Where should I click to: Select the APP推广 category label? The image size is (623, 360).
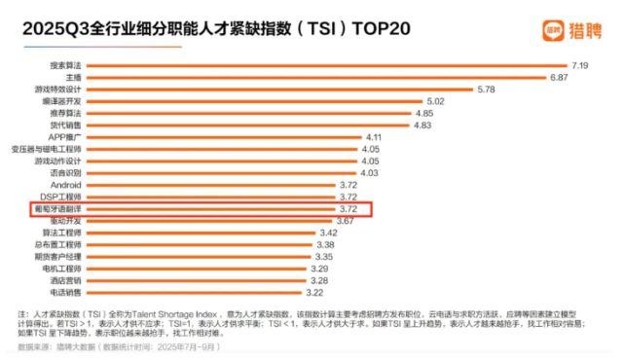click(66, 137)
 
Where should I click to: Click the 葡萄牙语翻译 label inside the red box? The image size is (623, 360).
click(57, 208)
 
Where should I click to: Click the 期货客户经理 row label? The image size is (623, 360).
click(57, 257)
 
